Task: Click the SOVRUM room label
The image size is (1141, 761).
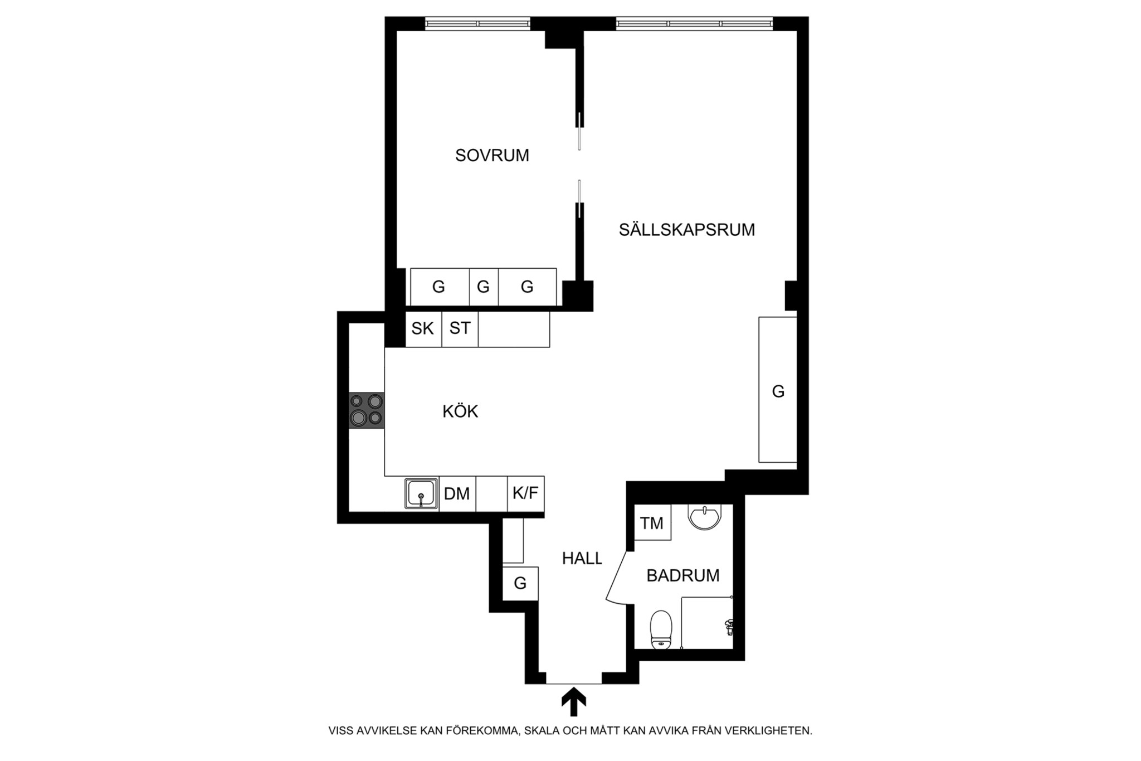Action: [x=492, y=156]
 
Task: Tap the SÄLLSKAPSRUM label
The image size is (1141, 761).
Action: [x=687, y=230]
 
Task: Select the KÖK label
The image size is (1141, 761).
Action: [x=460, y=411]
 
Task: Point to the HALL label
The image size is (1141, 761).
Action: [x=582, y=558]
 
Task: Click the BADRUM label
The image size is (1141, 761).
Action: [x=683, y=575]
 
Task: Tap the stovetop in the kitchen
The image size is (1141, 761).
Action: [x=367, y=410]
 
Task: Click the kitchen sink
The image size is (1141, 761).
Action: [x=421, y=493]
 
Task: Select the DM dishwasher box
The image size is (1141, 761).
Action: [x=457, y=493]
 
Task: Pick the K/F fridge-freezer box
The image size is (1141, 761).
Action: [x=526, y=493]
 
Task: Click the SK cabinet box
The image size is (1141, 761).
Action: [x=423, y=329]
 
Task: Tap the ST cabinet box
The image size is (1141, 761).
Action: [x=460, y=329]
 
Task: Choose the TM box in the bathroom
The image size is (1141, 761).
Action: [x=652, y=522]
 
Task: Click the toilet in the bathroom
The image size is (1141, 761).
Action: [x=661, y=630]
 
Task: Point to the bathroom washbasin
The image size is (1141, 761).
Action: [x=705, y=516]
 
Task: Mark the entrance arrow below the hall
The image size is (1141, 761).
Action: [x=573, y=702]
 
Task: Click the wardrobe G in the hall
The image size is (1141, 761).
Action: [x=520, y=583]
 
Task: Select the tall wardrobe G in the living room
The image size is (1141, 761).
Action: [x=778, y=390]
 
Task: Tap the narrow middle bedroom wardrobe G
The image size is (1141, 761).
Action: [x=484, y=287]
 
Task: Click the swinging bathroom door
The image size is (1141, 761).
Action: [x=618, y=578]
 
